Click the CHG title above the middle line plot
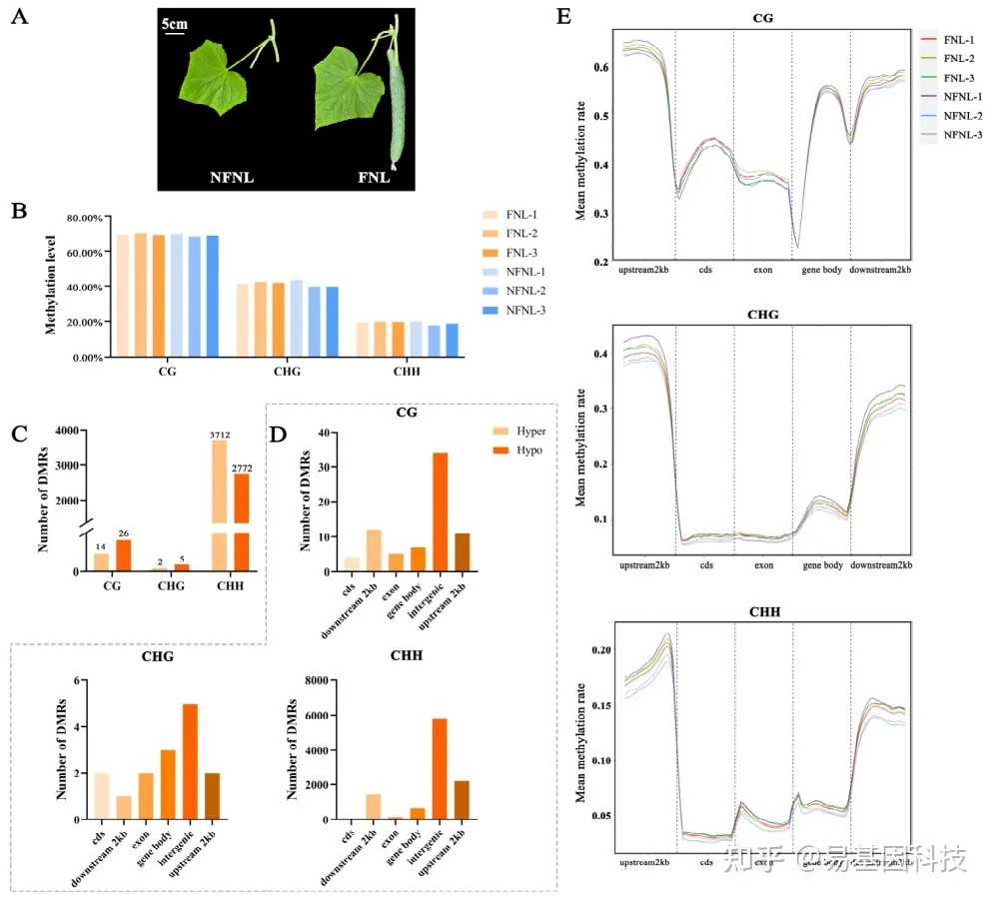point(763,314)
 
